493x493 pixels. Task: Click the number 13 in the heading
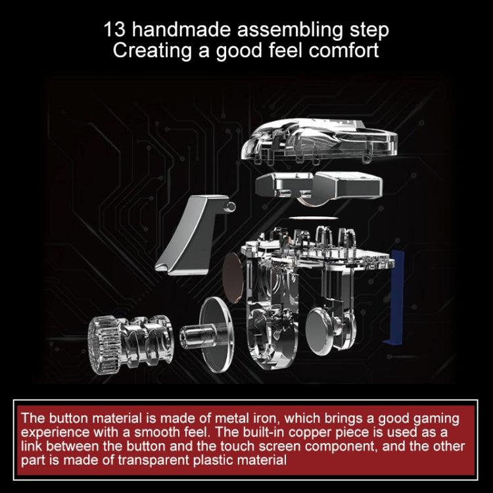[x=114, y=29]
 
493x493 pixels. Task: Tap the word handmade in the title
[x=182, y=29]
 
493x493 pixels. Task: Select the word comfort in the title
[x=344, y=50]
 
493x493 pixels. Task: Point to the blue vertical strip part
[x=394, y=296]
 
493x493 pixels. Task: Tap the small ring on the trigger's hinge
[x=231, y=206]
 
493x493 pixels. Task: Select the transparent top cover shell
[x=319, y=141]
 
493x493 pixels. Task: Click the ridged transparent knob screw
[x=130, y=344]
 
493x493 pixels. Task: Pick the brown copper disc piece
[x=233, y=277]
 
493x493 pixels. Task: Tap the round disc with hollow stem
[x=208, y=335]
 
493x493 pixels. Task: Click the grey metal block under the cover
[x=319, y=185]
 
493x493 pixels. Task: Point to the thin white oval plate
[x=313, y=218]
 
